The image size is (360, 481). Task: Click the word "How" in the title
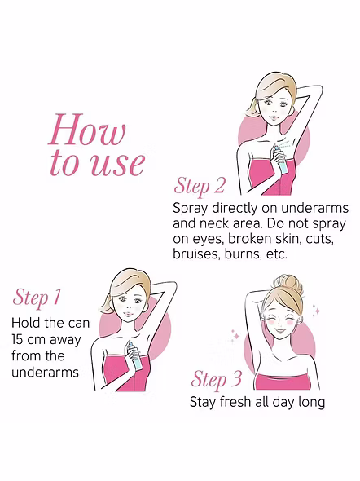pyautogui.click(x=87, y=130)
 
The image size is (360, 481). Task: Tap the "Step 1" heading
pyautogui.click(x=37, y=298)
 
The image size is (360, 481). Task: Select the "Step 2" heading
pyautogui.click(x=200, y=186)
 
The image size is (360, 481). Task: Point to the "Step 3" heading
pyautogui.click(x=217, y=379)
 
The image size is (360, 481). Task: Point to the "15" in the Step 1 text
pyautogui.click(x=16, y=340)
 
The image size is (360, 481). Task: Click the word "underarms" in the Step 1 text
pyautogui.click(x=46, y=373)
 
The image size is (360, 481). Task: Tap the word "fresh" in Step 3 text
pyautogui.click(x=235, y=402)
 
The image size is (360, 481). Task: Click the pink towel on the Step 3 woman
pyautogui.click(x=283, y=382)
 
